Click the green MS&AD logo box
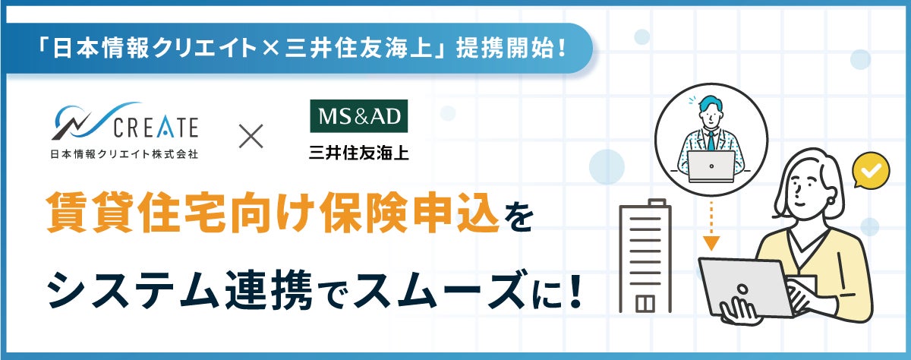point(358,116)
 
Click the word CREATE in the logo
point(156,128)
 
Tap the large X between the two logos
point(251,136)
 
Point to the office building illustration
point(645,256)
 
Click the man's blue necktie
point(711,141)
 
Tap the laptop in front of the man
point(711,167)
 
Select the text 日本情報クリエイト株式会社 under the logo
point(124,154)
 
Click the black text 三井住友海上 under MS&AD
point(358,153)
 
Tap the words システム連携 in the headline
point(180,290)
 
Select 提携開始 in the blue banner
point(504,49)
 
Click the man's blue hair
point(711,104)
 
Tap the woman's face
point(806,192)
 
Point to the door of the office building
point(645,305)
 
